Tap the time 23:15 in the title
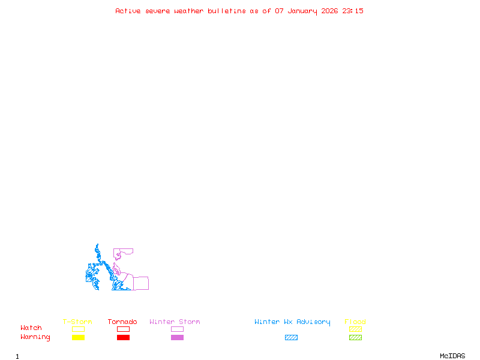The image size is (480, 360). tap(353, 11)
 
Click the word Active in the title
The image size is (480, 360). tap(128, 11)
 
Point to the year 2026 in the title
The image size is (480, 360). tap(330, 11)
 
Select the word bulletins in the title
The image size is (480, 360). tap(226, 11)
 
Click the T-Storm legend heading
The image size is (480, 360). tap(77, 322)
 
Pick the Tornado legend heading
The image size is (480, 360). tap(122, 322)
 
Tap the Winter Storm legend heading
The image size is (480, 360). tap(175, 322)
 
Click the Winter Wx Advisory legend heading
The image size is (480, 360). tap(292, 322)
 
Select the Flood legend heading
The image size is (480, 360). tap(355, 322)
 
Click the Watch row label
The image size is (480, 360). tap(31, 328)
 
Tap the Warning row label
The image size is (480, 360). tap(35, 337)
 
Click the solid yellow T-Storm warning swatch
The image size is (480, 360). tap(78, 338)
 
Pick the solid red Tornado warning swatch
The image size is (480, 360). tap(123, 338)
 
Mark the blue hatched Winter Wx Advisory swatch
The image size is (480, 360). tap(291, 338)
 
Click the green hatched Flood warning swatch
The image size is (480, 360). tap(355, 338)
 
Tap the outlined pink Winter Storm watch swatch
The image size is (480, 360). tap(177, 329)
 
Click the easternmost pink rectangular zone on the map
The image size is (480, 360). tap(141, 283)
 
